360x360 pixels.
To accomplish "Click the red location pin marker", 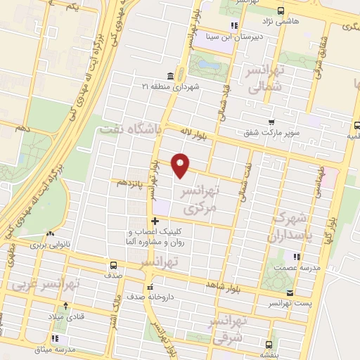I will (x=181, y=165).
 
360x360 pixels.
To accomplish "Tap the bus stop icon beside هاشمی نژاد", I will (x=281, y=11).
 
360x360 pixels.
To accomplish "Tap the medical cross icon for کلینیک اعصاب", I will (x=155, y=221).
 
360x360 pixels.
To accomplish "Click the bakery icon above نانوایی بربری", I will (x=49, y=236).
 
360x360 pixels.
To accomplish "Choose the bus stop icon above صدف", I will (x=113, y=265).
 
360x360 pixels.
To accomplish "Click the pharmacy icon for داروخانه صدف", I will (x=149, y=287).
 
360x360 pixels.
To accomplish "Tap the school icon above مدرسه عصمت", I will (x=297, y=257).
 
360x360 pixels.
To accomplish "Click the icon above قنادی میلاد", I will (x=65, y=306).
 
